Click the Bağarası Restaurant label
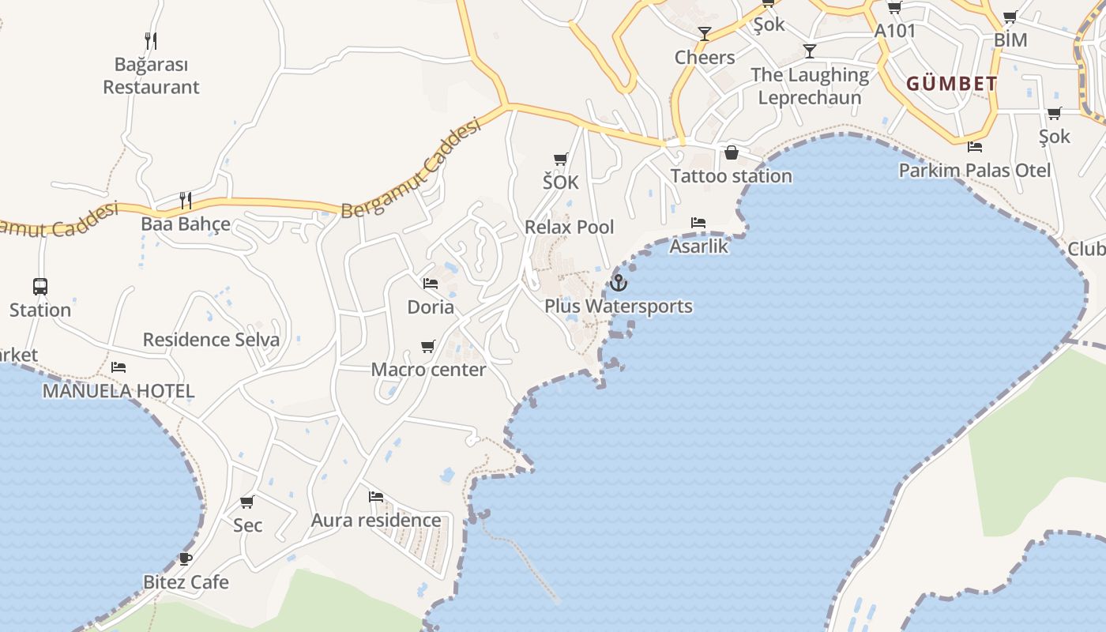(x=151, y=76)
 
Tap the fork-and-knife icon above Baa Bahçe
(x=185, y=200)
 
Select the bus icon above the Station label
(x=40, y=287)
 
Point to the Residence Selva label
(x=211, y=340)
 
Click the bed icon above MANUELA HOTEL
(x=118, y=367)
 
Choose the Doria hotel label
(x=431, y=307)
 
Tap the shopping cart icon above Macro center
(x=428, y=346)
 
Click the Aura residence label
(x=376, y=520)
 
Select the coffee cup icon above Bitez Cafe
(x=186, y=559)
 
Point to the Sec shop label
(x=247, y=525)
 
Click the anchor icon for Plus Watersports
(x=619, y=282)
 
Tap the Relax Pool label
(x=569, y=228)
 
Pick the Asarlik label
(x=698, y=246)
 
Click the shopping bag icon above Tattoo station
(x=732, y=152)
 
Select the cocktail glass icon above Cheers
(x=705, y=34)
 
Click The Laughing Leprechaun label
(x=810, y=86)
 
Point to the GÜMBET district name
(x=951, y=84)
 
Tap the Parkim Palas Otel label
(x=975, y=171)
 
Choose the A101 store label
(x=895, y=32)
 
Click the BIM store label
(x=1010, y=39)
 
